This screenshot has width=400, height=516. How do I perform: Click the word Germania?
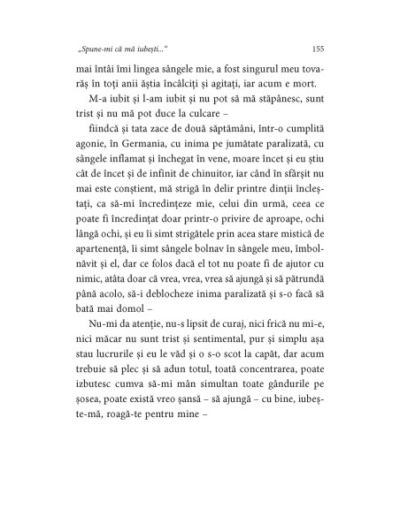pyautogui.click(x=153, y=186)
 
